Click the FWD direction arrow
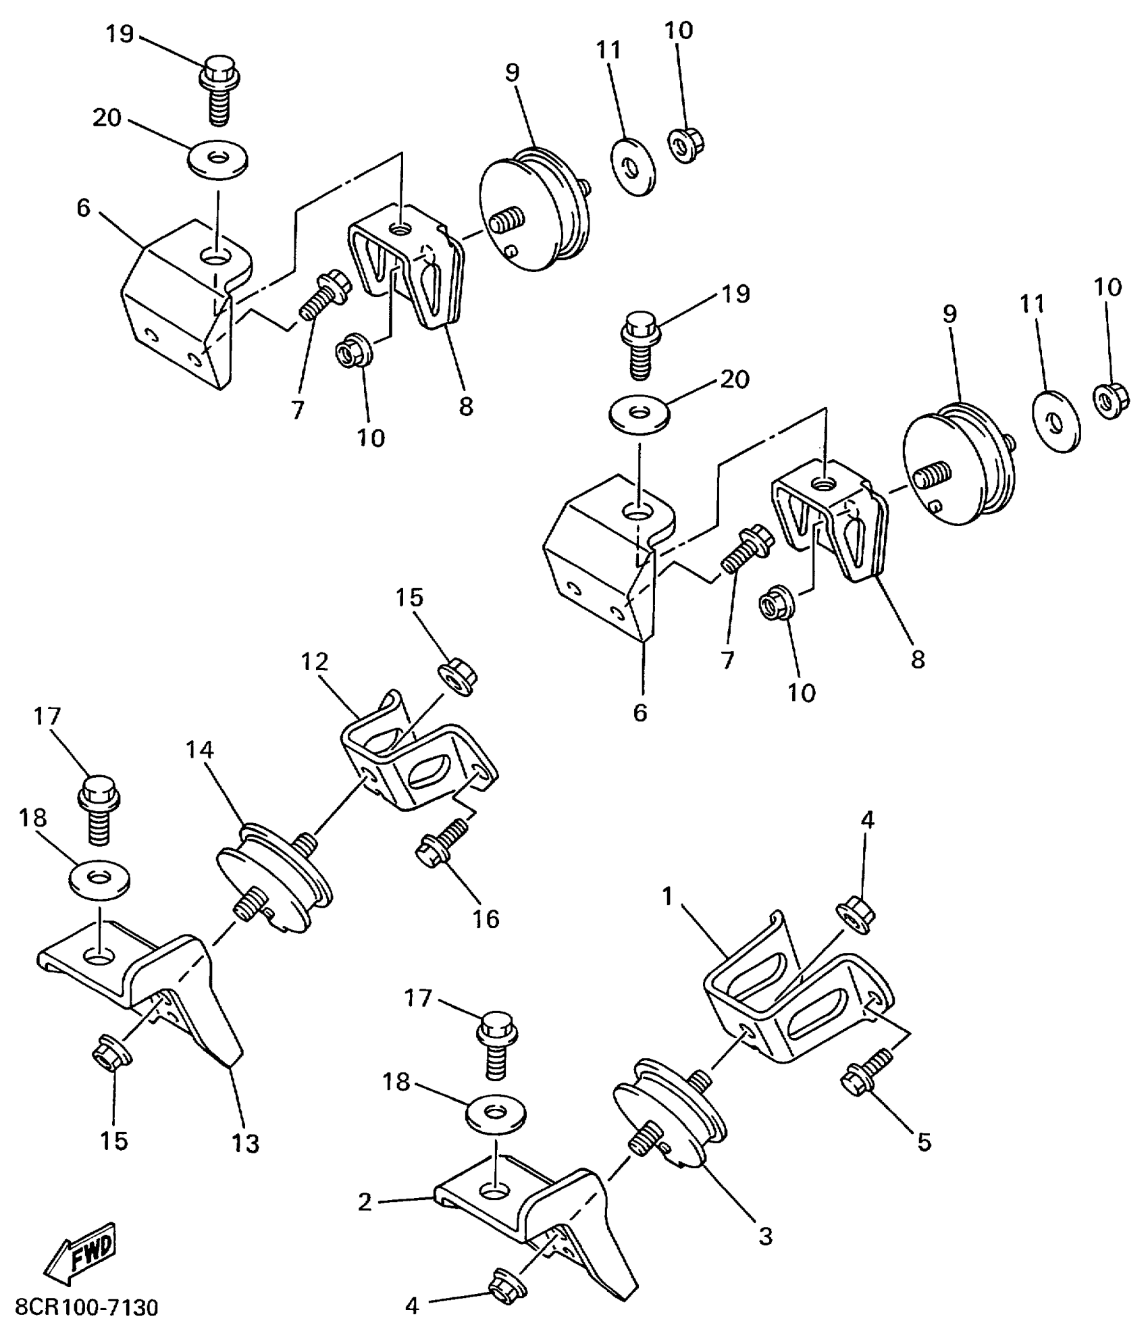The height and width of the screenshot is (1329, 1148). [x=80, y=1253]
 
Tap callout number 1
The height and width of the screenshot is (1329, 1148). [x=668, y=896]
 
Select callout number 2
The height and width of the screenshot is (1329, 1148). [x=365, y=1201]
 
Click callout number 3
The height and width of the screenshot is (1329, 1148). [x=764, y=1236]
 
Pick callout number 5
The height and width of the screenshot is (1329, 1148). [x=924, y=1141]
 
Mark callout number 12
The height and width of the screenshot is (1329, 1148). [x=315, y=661]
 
